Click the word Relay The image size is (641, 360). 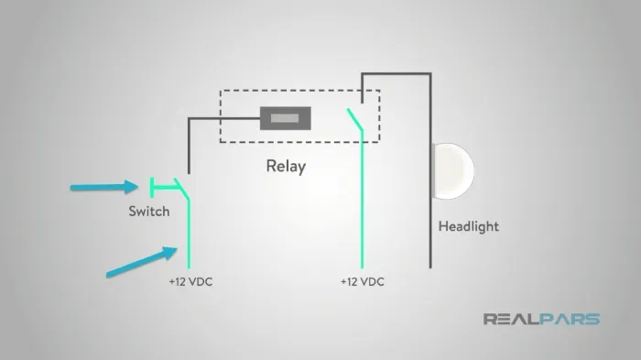[286, 166]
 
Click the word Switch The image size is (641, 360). [148, 211]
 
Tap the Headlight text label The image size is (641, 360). [469, 226]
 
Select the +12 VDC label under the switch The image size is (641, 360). [190, 282]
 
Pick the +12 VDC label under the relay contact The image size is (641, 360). [363, 282]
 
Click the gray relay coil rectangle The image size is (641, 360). [286, 118]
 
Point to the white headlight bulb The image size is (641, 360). [453, 171]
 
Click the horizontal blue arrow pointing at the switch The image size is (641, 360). [104, 188]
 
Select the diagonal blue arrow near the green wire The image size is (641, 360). [141, 261]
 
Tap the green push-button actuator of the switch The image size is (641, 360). [164, 188]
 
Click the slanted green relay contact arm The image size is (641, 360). [355, 119]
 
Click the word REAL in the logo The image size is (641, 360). [511, 319]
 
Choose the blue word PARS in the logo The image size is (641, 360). [570, 319]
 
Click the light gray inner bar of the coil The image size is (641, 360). [285, 118]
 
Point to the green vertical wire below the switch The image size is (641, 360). [189, 234]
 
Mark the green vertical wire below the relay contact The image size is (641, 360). [363, 200]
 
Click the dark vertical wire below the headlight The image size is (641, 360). [430, 234]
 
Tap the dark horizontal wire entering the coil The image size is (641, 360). [224, 119]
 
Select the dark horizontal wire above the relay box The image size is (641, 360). [397, 73]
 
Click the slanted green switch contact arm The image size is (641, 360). [182, 190]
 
